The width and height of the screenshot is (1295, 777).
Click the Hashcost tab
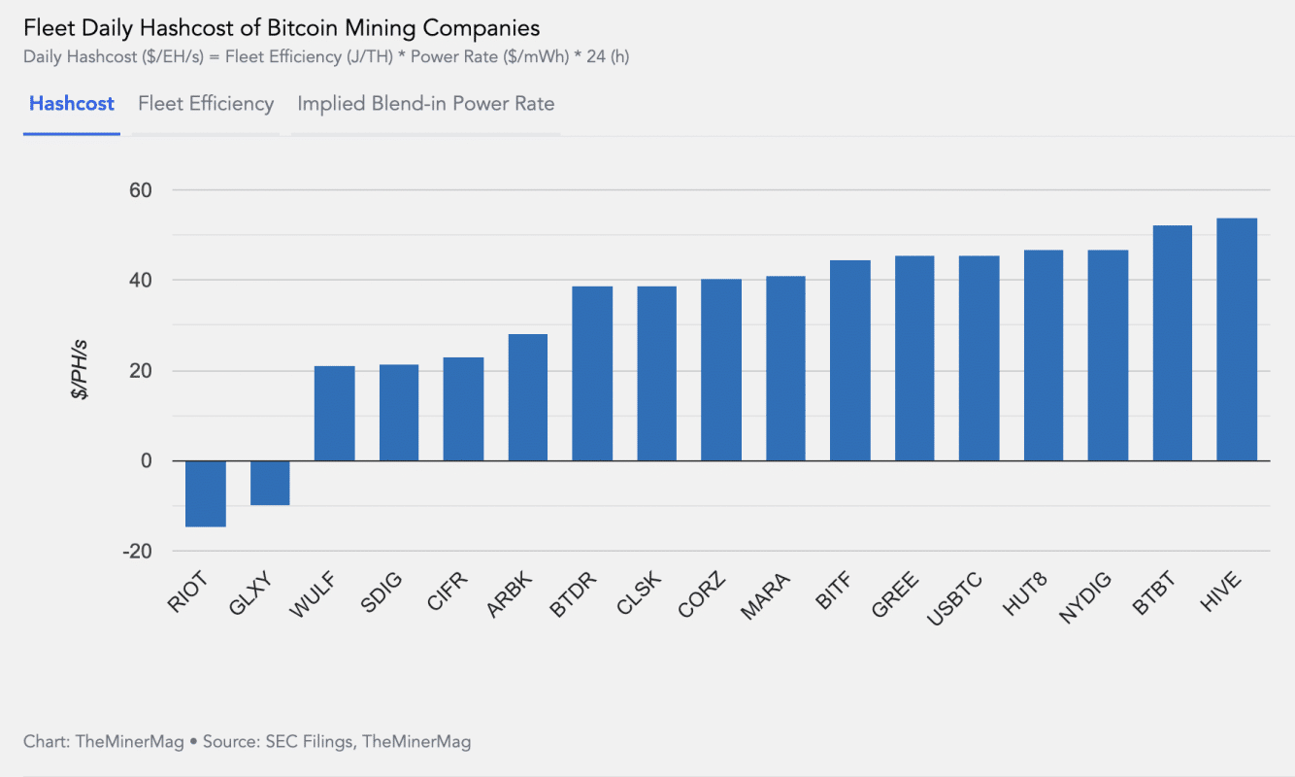click(x=72, y=104)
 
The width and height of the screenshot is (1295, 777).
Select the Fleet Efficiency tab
click(x=206, y=104)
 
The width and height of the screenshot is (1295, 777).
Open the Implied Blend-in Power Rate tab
click(x=425, y=104)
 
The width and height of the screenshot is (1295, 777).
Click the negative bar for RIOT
click(x=206, y=493)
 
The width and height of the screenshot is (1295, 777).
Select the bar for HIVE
click(x=1237, y=340)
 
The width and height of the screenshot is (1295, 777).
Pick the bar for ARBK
click(x=528, y=397)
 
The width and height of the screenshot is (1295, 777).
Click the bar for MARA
click(x=785, y=369)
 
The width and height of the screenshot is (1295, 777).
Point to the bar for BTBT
click(x=1172, y=343)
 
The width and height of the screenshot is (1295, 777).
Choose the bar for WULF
click(x=335, y=413)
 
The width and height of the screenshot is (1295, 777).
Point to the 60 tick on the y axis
click(x=141, y=190)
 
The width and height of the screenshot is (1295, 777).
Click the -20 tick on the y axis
click(x=137, y=552)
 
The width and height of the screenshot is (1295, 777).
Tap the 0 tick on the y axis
click(x=147, y=461)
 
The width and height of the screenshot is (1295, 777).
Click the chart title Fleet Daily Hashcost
click(x=282, y=27)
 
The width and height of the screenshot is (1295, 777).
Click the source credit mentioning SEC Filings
click(x=248, y=742)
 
